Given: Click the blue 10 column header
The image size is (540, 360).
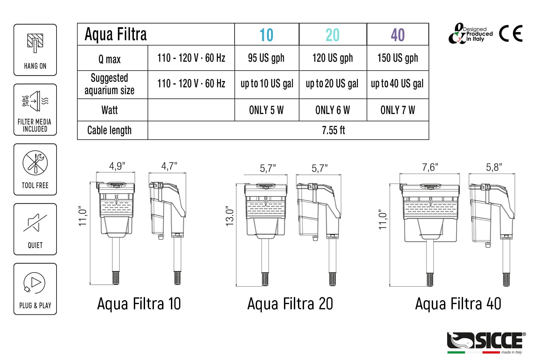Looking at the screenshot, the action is (x=266, y=35).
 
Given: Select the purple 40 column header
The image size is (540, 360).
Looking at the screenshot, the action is (x=398, y=35).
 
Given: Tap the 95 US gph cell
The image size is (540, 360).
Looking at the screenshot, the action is (x=266, y=58).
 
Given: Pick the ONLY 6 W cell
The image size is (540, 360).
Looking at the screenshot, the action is (x=332, y=110).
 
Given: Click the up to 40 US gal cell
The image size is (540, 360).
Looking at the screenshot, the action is (x=397, y=84).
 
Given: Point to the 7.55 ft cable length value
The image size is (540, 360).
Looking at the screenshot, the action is (x=333, y=130).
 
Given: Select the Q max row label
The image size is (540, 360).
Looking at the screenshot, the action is (x=109, y=59).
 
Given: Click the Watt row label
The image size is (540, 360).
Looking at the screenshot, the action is (x=110, y=110).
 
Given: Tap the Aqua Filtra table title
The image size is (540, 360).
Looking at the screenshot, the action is (x=115, y=34).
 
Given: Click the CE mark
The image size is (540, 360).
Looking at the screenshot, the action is (x=511, y=33).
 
